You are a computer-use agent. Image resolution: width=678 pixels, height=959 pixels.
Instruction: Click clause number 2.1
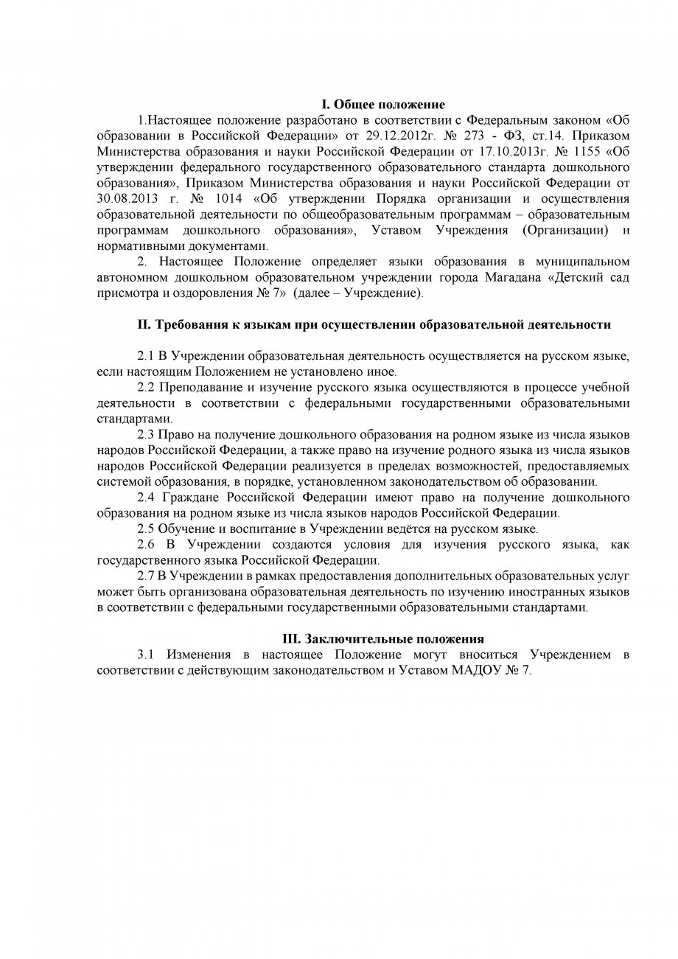(x=145, y=356)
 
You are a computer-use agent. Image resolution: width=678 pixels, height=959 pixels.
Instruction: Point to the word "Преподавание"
(x=195, y=388)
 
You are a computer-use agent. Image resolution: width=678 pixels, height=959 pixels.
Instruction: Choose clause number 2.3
(x=145, y=435)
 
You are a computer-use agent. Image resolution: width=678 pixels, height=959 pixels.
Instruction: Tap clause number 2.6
(x=145, y=544)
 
